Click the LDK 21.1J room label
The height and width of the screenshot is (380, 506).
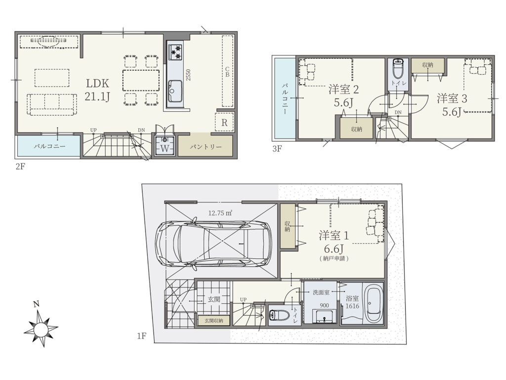pyautogui.click(x=97, y=90)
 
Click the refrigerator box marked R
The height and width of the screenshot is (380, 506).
pyautogui.click(x=224, y=122)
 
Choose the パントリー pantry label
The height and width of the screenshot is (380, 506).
pyautogui.click(x=206, y=146)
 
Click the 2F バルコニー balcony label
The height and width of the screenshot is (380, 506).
pyautogui.click(x=50, y=146)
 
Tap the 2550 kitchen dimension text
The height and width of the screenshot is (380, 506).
pyautogui.click(x=188, y=75)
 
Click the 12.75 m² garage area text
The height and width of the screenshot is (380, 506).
pyautogui.click(x=221, y=213)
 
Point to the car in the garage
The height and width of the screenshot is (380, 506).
pyautogui.click(x=213, y=242)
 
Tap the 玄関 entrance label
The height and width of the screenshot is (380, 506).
pyautogui.click(x=214, y=299)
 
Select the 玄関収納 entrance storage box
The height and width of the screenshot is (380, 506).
pyautogui.click(x=213, y=320)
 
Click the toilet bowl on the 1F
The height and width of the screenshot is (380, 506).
pyautogui.click(x=277, y=314)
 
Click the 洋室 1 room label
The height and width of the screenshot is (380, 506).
pyautogui.click(x=334, y=235)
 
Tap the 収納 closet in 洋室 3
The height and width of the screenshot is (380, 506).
pyautogui.click(x=428, y=66)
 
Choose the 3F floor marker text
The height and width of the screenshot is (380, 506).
pyautogui.click(x=277, y=149)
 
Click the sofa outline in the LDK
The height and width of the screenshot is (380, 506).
pyautogui.click(x=52, y=104)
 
